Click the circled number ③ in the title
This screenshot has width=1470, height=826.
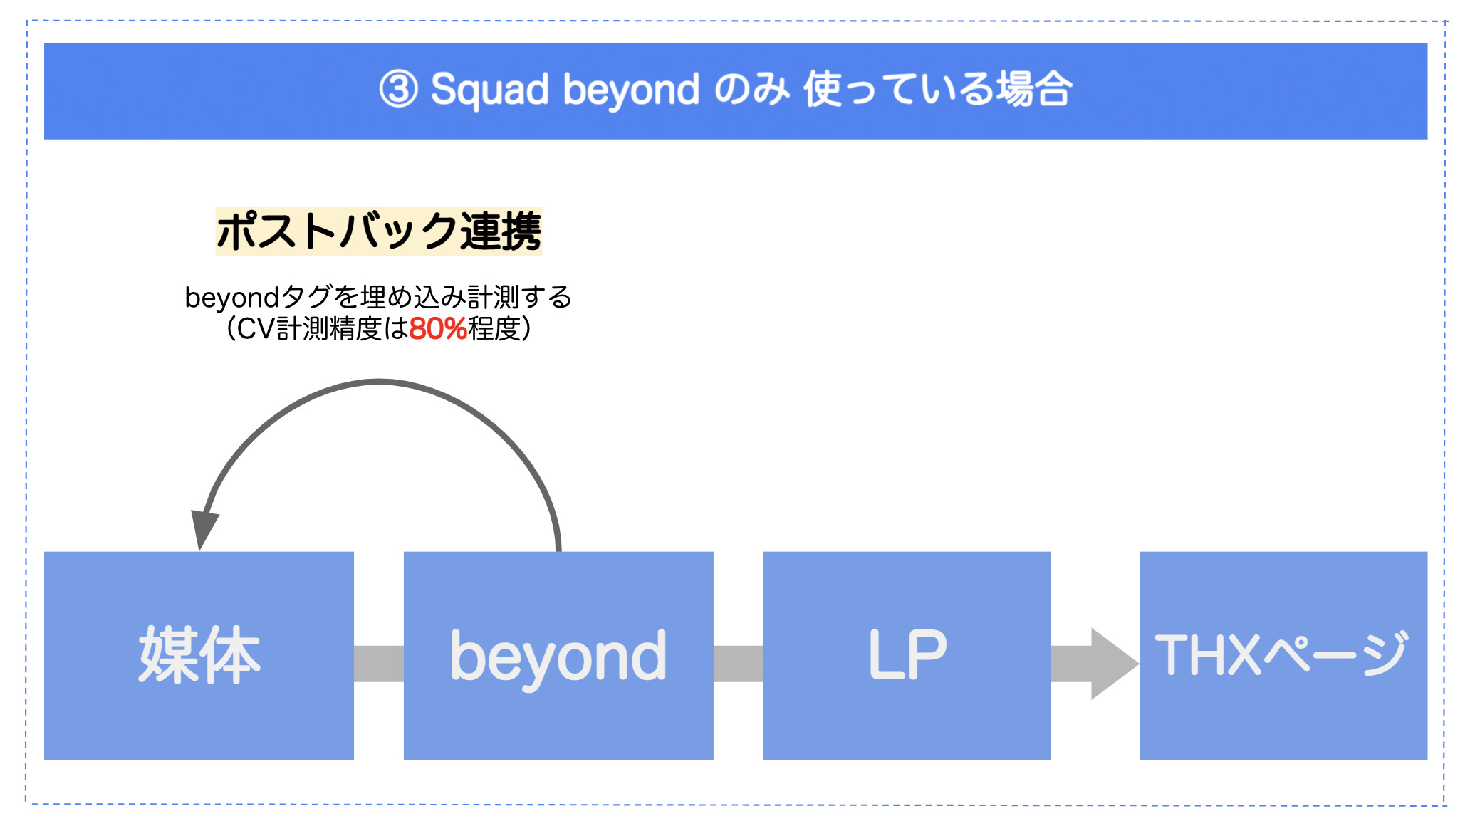[x=398, y=90]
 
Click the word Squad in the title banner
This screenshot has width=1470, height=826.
[x=490, y=90]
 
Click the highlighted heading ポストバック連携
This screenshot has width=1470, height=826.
[x=379, y=231]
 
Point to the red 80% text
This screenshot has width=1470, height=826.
[x=438, y=329]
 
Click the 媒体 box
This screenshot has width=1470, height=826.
[x=199, y=655]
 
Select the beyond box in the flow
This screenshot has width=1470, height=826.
[x=558, y=655]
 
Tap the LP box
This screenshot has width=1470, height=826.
[x=907, y=655]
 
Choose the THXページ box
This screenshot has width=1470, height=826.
[x=1283, y=655]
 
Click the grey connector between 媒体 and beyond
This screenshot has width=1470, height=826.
[x=379, y=664]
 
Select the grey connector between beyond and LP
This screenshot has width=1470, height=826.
[x=739, y=664]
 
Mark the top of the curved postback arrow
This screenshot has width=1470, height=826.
[x=379, y=382]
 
